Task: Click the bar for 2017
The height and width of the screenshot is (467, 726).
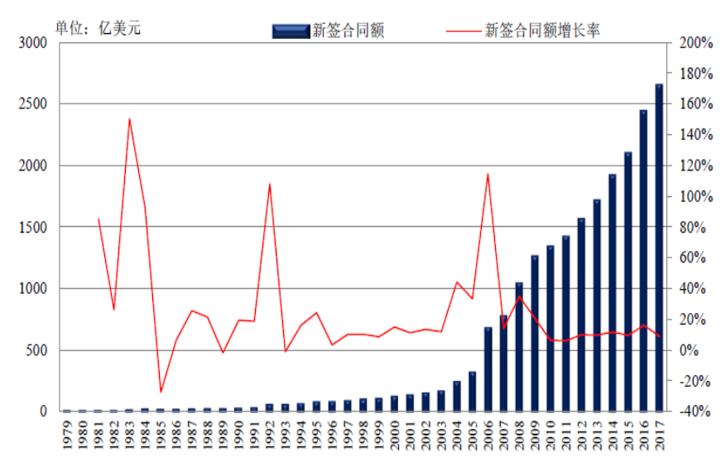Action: (659, 248)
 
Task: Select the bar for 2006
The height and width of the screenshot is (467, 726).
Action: (488, 369)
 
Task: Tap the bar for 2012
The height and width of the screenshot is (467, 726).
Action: (581, 315)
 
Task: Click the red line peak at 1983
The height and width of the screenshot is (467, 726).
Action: (129, 118)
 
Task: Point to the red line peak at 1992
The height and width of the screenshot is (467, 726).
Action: (270, 184)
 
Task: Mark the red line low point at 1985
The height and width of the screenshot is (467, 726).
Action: (161, 392)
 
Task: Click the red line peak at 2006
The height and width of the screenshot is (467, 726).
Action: (488, 174)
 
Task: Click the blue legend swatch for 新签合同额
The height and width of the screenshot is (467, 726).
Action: (290, 31)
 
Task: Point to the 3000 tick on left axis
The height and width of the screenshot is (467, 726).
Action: (34, 43)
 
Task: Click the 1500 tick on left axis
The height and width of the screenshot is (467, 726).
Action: (34, 227)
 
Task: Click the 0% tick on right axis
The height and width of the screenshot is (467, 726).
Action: (692, 350)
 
